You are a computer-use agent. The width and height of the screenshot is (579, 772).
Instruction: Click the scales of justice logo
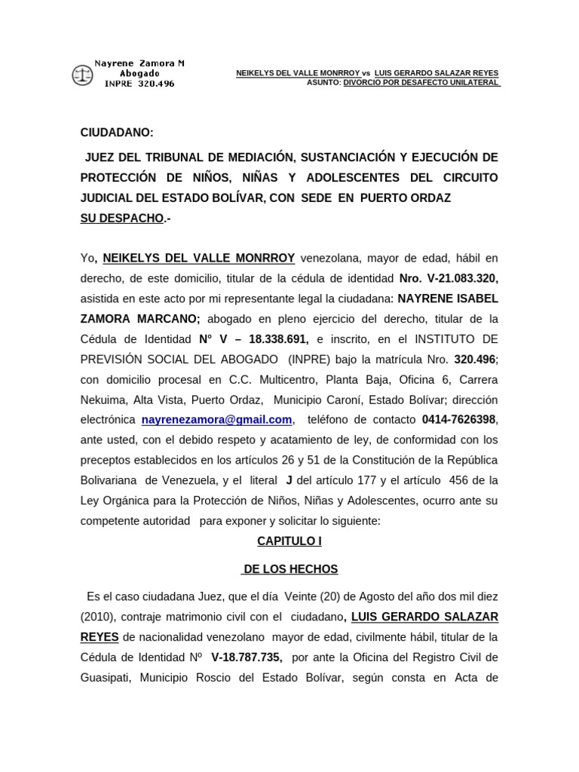(x=81, y=75)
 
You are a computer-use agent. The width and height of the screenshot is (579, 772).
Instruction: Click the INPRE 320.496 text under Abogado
(x=139, y=84)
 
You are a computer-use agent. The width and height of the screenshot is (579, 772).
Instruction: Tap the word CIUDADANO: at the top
(x=117, y=133)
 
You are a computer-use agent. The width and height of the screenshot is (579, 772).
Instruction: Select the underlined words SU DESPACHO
(x=121, y=218)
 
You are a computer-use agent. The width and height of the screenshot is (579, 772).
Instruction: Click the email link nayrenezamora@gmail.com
(x=216, y=420)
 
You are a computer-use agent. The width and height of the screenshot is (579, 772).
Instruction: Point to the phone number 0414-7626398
(x=460, y=420)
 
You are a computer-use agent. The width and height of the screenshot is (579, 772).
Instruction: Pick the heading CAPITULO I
(x=289, y=541)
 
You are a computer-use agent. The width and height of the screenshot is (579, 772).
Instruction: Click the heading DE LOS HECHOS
(x=290, y=569)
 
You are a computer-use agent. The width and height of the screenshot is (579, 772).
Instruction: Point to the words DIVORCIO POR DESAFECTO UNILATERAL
(x=421, y=82)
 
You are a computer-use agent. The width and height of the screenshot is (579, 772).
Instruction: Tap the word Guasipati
(x=106, y=677)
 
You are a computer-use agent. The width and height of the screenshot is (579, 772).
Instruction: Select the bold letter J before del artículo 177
(x=289, y=480)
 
